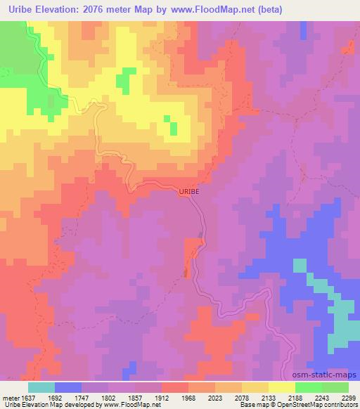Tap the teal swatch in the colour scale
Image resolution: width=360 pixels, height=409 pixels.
pyautogui.click(x=41, y=387)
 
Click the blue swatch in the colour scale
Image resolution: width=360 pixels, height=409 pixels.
pyautogui.click(x=68, y=387)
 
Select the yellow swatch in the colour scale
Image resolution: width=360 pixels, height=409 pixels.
pyautogui.click(x=281, y=387)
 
